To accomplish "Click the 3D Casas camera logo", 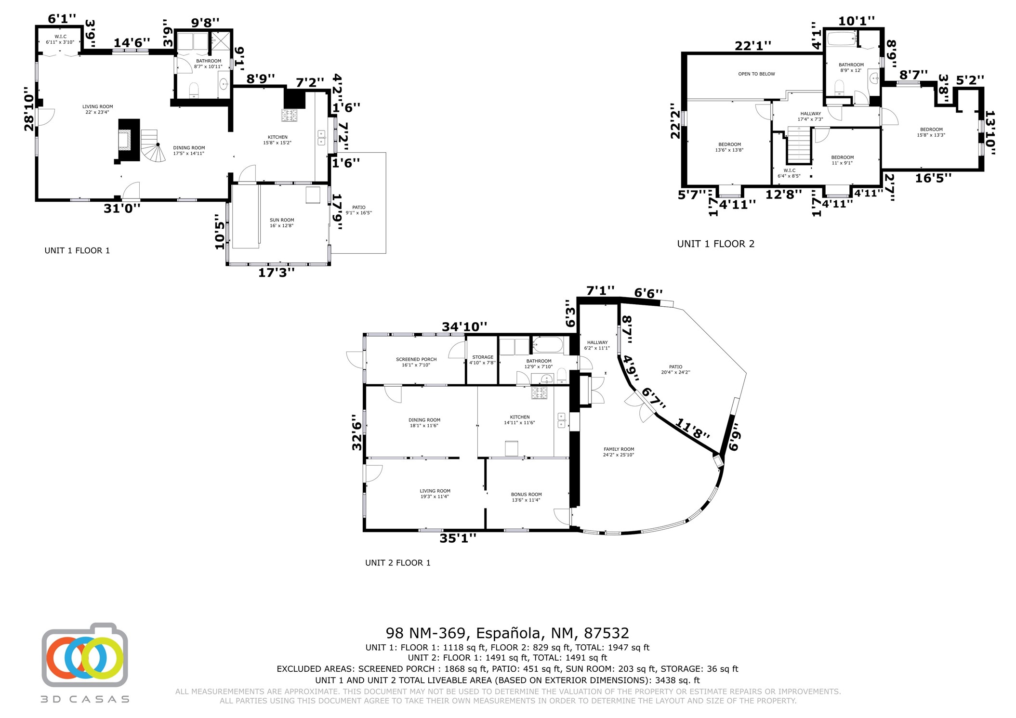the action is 85,655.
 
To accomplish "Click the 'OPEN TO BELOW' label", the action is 756,74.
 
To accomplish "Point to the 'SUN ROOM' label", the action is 282,220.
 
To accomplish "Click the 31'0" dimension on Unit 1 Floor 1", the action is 122,208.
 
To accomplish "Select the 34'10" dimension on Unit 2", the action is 464,326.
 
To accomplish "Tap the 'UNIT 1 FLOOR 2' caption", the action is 716,244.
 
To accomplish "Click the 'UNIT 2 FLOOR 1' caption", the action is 397,562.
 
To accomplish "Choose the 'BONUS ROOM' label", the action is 526,495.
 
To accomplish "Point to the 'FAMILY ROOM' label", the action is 619,449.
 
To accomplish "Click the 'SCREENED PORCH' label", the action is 416,359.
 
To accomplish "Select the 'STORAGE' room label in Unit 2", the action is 483,357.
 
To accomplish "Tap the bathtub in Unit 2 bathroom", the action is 547,345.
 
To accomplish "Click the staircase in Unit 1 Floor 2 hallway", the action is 799,145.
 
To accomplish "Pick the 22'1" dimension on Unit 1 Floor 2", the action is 753,46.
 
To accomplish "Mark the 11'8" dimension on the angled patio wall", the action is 693,428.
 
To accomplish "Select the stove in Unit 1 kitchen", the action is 290,115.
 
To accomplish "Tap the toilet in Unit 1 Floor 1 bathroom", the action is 194,90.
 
